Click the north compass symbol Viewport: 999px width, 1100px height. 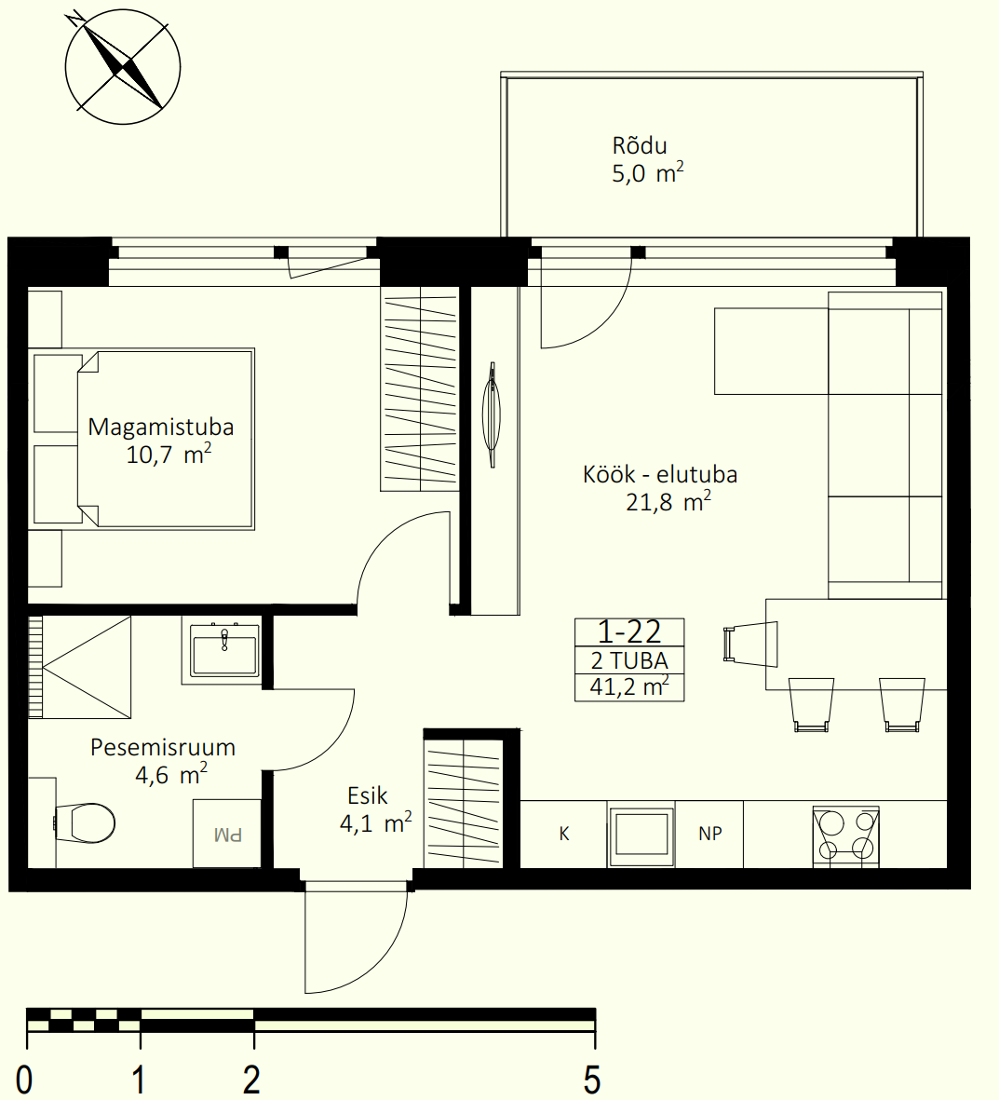tap(123, 67)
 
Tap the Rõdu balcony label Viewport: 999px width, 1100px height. tap(640, 146)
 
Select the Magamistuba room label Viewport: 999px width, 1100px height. tap(160, 428)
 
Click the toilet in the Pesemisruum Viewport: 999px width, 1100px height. tap(85, 822)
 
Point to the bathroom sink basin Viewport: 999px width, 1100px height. tap(224, 649)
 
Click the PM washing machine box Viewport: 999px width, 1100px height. tap(227, 834)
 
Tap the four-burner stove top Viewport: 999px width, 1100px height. tap(845, 835)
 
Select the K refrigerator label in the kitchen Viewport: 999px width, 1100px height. tap(564, 834)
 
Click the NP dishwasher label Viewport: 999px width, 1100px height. tap(710, 834)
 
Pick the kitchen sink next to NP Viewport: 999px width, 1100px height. tap(641, 835)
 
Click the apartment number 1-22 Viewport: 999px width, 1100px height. tap(628, 632)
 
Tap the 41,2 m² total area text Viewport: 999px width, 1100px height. tap(628, 686)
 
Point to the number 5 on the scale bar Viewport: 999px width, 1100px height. tap(592, 1079)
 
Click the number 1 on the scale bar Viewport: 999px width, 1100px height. tap(139, 1079)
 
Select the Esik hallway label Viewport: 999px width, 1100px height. tap(368, 795)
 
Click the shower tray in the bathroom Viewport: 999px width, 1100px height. tap(80, 667)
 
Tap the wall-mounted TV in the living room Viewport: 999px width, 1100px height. tap(493, 414)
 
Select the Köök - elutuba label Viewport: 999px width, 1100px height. tap(660, 475)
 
